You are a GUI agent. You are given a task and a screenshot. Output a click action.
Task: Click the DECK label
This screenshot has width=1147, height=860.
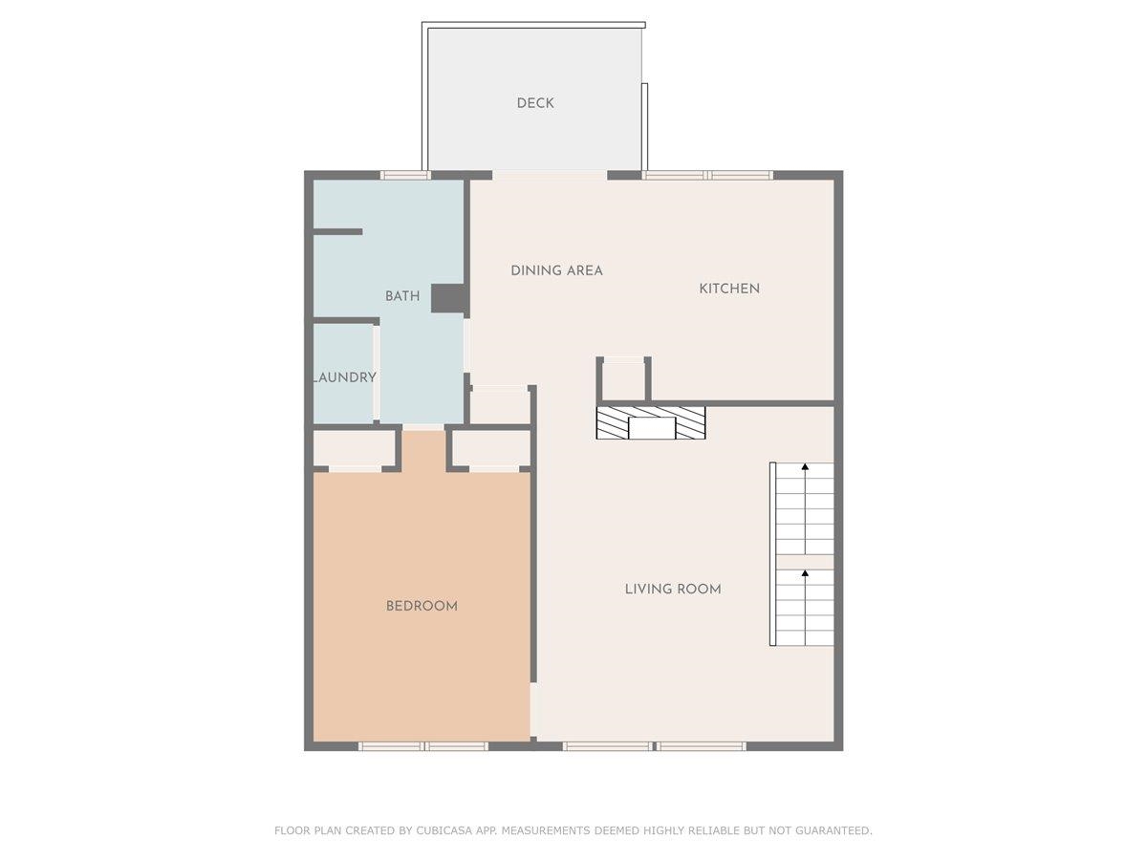click(535, 103)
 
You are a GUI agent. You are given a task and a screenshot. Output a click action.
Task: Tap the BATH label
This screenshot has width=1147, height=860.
click(402, 296)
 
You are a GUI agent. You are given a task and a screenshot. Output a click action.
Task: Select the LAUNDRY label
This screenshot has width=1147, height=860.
click(345, 377)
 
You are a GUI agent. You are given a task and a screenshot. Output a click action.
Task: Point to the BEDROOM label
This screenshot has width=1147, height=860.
click(422, 606)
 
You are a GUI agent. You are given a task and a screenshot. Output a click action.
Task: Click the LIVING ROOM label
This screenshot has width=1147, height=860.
click(673, 589)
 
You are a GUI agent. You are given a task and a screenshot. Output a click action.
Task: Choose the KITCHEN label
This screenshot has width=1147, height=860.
click(729, 289)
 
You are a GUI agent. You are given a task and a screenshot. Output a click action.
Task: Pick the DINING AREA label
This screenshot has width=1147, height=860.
click(556, 270)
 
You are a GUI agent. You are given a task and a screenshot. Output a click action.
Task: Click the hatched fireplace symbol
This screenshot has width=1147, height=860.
click(651, 423)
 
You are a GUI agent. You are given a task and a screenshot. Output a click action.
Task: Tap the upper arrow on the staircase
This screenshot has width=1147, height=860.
click(805, 467)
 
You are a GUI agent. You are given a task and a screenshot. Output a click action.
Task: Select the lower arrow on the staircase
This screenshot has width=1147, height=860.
click(805, 574)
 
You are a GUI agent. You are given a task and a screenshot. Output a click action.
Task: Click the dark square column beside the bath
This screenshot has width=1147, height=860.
click(448, 299)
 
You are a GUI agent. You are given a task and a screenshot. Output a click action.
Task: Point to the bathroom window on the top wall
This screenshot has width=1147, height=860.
click(404, 175)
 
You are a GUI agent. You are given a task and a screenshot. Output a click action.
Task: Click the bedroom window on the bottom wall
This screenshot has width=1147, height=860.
click(423, 746)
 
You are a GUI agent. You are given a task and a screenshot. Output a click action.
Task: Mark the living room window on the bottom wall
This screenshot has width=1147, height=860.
click(654, 746)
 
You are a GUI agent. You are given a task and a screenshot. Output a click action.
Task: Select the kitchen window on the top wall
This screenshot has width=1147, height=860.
click(707, 175)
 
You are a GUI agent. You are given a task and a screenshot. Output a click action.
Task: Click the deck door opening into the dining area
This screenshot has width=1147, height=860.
click(550, 175)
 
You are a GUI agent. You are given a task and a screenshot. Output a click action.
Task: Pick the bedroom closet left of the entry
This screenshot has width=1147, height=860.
click(355, 448)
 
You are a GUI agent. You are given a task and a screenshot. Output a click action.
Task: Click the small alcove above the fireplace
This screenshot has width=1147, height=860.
click(624, 380)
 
